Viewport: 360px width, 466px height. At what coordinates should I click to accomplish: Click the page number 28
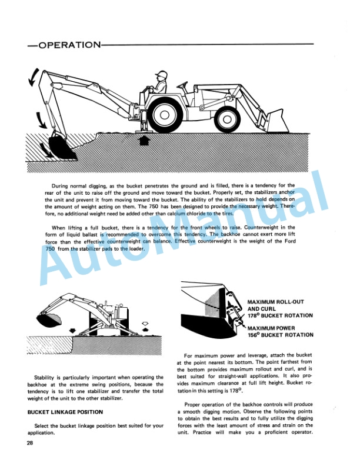click(x=31, y=443)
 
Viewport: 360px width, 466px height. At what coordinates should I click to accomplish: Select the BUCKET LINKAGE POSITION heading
click(x=65, y=412)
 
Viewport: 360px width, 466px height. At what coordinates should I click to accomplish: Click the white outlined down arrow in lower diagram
click(x=146, y=321)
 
